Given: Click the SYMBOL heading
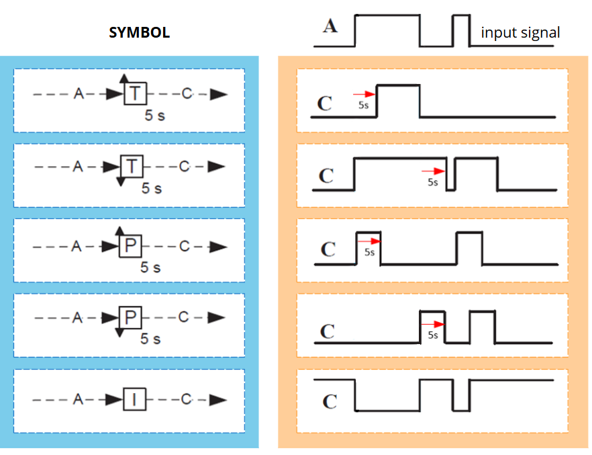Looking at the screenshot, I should (140, 32).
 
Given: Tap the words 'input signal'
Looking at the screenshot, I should (520, 32).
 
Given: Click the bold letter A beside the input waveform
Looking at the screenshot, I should (330, 26).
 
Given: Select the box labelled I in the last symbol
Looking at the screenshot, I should (134, 400).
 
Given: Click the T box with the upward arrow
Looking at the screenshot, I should (135, 93).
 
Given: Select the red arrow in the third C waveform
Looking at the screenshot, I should (368, 243).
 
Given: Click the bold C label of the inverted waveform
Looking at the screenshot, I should (329, 401).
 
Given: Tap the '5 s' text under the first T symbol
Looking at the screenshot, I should (154, 115).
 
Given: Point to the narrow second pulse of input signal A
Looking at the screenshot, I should (460, 30).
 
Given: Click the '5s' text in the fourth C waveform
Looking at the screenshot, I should (433, 334).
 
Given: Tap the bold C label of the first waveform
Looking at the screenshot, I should (324, 104).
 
